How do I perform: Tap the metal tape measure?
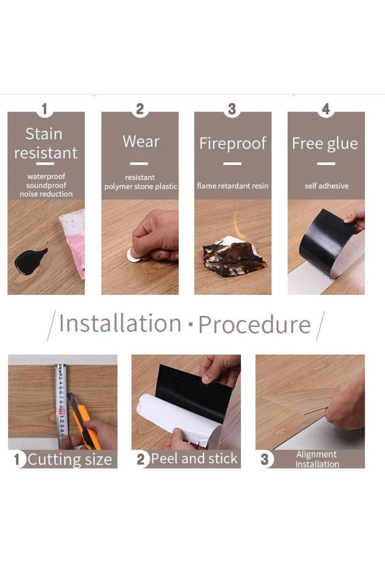61,406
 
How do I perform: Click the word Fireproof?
233,143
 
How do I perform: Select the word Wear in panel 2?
141,141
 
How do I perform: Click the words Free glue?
325,144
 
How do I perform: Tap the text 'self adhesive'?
326,186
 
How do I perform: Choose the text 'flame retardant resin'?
233,186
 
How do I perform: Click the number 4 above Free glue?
326,109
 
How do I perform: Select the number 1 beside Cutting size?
17,459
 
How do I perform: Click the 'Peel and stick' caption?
194,458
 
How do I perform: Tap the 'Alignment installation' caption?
317,459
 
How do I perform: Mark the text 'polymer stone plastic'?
141,187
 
